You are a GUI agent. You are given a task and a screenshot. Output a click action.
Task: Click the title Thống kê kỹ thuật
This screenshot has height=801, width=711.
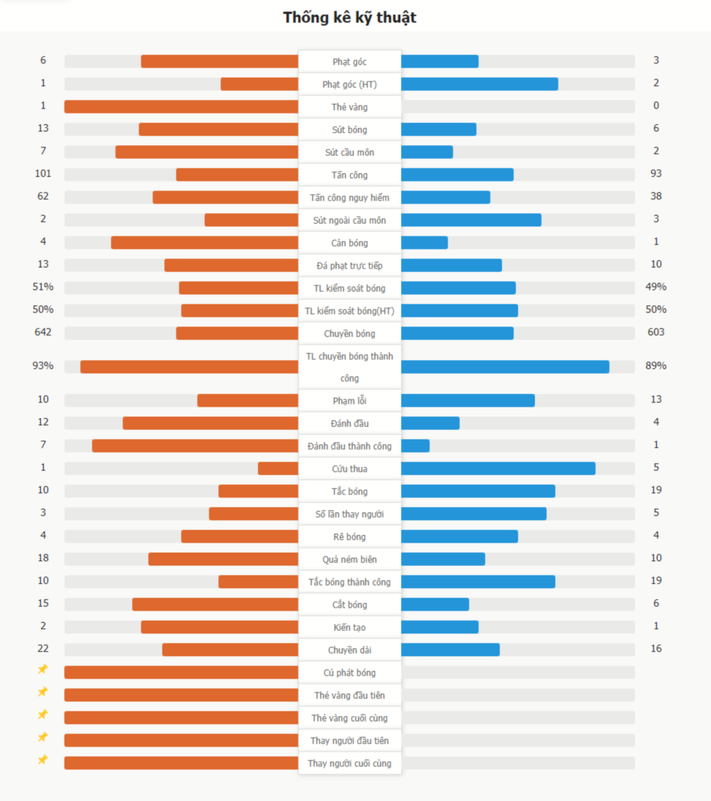pos(349,18)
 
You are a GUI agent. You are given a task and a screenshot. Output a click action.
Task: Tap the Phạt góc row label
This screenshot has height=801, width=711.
pos(349,62)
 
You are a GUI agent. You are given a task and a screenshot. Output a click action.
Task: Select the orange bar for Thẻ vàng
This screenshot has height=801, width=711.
pos(181,107)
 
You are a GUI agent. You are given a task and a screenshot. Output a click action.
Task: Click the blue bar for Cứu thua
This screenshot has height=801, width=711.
pos(498,468)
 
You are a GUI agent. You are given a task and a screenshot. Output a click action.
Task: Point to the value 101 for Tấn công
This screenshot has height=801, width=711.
pos(43,174)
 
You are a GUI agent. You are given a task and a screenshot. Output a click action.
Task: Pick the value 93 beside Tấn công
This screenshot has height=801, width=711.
pos(656,174)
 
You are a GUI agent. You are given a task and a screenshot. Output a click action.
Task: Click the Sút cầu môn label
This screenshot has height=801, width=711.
pos(349,153)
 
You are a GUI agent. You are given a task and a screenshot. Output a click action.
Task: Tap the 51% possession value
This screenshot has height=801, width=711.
pos(43,286)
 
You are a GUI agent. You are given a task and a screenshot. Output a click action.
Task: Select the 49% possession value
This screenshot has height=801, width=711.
pos(656,286)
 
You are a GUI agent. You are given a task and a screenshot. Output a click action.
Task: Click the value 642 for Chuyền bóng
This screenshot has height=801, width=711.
pos(43,332)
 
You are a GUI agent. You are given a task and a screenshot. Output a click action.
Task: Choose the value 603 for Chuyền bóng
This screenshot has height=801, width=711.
pos(656,332)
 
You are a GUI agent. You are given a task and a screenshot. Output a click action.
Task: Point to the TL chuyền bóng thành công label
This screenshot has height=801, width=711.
pos(349,367)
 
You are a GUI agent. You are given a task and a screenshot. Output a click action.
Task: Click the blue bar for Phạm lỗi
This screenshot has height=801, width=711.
pos(468,400)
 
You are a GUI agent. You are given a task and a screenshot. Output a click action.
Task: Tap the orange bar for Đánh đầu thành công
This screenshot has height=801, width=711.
pos(195,446)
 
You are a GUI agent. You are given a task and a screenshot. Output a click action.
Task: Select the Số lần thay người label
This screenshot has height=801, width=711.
pos(349,514)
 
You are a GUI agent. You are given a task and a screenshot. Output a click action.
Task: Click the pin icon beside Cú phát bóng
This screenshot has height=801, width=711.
pos(43,669)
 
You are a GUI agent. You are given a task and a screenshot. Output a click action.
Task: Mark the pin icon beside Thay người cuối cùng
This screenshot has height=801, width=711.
pos(43,760)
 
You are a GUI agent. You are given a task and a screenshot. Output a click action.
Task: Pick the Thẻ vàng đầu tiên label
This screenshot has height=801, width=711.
pos(349,695)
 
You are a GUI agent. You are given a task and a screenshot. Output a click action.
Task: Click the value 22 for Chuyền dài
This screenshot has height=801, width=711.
pos(43,648)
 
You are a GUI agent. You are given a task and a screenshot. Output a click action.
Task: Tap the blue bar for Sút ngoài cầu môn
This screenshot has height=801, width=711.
pos(471,220)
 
